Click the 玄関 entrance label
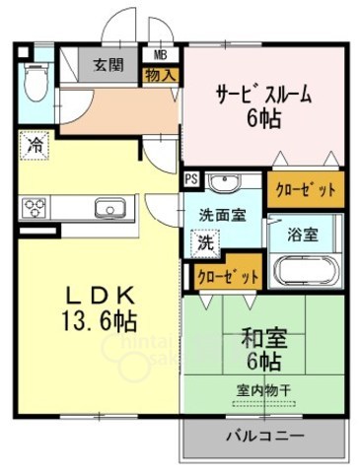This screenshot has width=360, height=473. (108, 67)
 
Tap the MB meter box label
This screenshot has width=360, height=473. (159, 55)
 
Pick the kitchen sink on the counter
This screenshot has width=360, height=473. (107, 207)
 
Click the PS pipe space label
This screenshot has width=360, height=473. (190, 180)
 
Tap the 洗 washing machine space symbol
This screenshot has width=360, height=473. (201, 239)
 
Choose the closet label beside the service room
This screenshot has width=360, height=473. (305, 188)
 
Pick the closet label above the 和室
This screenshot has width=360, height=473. (228, 277)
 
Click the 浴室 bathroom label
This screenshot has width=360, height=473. (303, 235)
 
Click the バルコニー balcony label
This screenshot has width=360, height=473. (264, 436)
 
